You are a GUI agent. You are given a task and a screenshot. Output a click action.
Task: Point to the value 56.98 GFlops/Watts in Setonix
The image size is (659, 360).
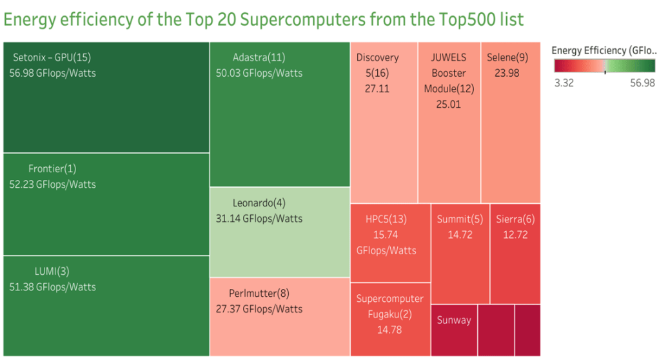(53, 73)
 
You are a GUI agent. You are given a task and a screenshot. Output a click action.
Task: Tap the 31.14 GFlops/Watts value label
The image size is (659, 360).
(259, 219)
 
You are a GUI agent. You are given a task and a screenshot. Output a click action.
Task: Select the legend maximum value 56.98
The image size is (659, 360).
(642, 83)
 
